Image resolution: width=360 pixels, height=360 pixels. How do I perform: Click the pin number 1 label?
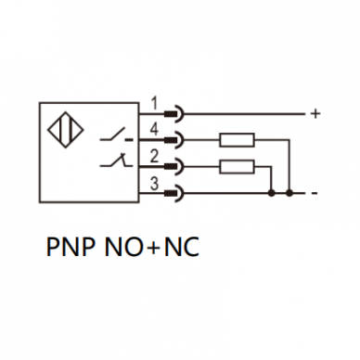click(x=155, y=103)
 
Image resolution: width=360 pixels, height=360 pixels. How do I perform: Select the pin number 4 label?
click(x=154, y=129)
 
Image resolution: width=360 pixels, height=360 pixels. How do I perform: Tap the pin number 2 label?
click(x=154, y=156)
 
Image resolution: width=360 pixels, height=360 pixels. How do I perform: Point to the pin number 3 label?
click(x=154, y=183)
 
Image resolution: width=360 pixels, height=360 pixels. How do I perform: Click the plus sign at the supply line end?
click(x=315, y=114)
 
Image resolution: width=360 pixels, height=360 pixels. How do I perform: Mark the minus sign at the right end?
click(x=315, y=194)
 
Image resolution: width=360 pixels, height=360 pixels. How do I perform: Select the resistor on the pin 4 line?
click(x=237, y=140)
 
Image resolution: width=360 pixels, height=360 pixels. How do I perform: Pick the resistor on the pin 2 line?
click(x=237, y=167)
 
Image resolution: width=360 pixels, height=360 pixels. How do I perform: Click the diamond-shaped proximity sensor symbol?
click(x=65, y=130)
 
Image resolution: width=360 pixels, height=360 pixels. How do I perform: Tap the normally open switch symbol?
click(x=116, y=135)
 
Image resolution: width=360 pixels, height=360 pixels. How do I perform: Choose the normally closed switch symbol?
click(x=116, y=161)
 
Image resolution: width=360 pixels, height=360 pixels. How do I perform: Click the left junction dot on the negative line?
click(x=272, y=194)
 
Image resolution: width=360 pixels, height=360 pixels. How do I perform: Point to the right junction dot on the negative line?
click(x=289, y=194)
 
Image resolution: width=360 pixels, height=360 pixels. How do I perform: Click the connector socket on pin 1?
click(x=174, y=114)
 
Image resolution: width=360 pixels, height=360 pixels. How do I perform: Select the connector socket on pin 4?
click(x=174, y=140)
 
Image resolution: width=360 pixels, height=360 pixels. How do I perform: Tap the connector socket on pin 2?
click(x=174, y=167)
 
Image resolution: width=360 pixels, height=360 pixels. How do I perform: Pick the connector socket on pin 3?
click(x=174, y=194)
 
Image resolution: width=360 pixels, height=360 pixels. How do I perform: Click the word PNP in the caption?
click(x=71, y=247)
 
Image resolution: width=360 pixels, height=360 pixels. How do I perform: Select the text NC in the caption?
click(x=182, y=247)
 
